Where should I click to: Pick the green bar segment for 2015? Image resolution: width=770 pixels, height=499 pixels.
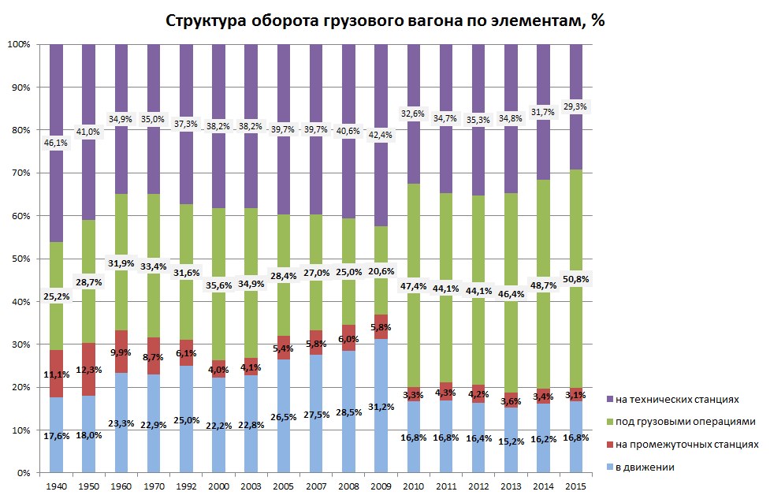[575, 236]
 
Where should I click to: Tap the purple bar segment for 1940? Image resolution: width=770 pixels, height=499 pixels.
[57, 95]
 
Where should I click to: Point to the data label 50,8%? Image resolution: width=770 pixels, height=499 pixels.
[575, 279]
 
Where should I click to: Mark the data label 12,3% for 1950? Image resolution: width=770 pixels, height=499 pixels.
[89, 370]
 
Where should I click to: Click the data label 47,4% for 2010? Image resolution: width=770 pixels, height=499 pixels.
[413, 286]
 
